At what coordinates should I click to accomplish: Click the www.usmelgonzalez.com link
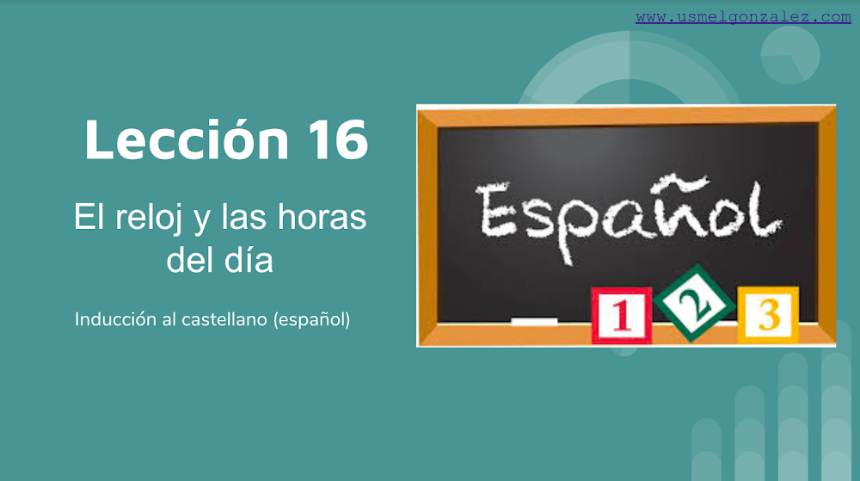click(743, 17)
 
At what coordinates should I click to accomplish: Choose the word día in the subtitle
click(250, 260)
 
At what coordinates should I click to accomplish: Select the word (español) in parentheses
click(311, 320)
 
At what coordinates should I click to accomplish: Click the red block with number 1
click(621, 316)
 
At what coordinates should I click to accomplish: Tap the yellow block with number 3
click(768, 315)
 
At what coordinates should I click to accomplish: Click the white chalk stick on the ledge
click(534, 322)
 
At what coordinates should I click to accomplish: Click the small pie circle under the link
click(789, 55)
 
